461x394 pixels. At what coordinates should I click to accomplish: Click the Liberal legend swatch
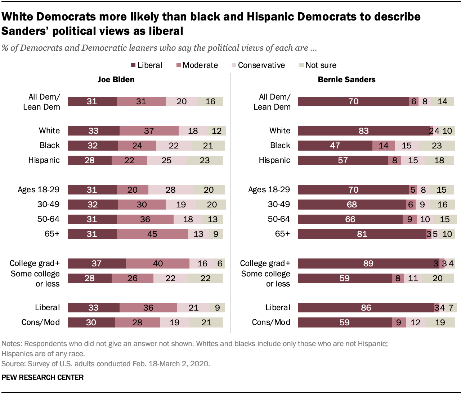[133, 65]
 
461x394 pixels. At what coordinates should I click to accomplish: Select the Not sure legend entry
[321, 65]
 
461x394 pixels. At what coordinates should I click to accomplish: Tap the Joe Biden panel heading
[116, 80]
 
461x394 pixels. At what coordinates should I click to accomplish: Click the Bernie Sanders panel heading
[346, 80]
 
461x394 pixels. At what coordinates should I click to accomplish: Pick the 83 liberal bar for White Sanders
[364, 131]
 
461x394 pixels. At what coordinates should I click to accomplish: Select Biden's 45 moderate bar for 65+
[152, 234]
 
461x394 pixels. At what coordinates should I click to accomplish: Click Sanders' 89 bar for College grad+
[368, 264]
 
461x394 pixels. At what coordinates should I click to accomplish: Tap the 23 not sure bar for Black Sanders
[436, 146]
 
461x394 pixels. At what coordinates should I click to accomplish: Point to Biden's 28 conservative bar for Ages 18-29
[170, 190]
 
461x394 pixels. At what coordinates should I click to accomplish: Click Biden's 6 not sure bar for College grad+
[220, 264]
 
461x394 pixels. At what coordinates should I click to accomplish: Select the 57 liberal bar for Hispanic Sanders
[343, 160]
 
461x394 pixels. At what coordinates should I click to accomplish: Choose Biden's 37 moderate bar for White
[149, 131]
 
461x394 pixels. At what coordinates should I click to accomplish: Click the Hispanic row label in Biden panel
[44, 160]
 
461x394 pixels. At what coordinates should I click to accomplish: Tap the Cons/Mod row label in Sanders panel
[271, 322]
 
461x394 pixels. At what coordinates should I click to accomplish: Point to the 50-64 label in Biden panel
[48, 219]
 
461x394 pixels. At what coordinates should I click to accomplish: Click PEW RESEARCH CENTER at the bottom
[42, 377]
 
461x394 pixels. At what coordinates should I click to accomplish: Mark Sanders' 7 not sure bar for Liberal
[451, 308]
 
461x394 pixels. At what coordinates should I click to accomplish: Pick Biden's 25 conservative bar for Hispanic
[166, 160]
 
